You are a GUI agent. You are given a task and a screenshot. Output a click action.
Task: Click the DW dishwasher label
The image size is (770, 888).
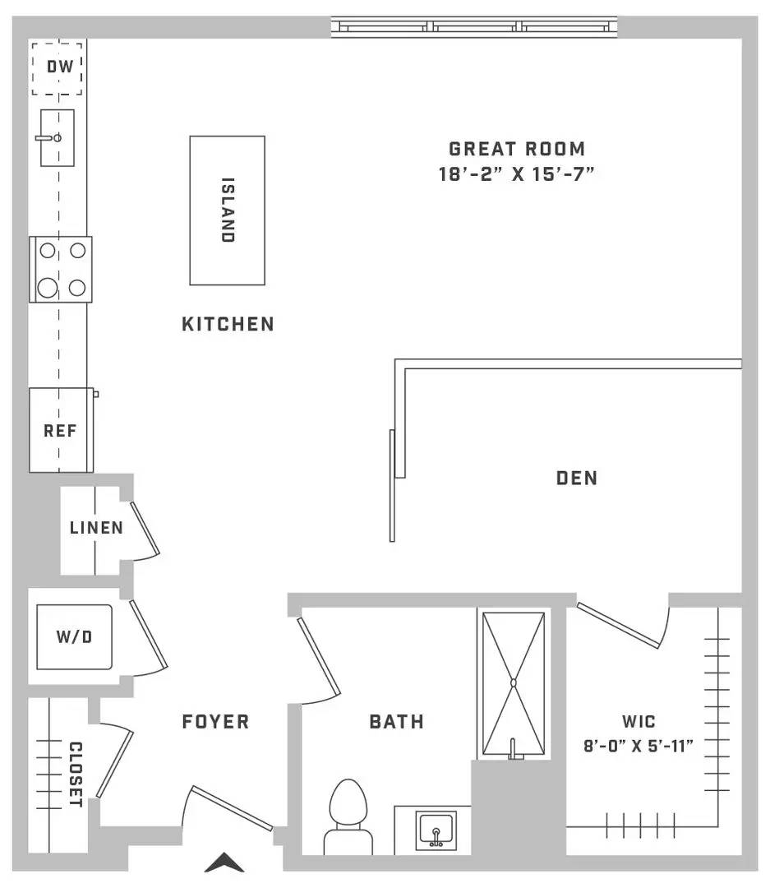60,67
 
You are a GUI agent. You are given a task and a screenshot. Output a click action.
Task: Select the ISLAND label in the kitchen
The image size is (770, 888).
227,210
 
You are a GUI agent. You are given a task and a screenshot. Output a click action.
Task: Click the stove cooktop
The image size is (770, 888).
61,270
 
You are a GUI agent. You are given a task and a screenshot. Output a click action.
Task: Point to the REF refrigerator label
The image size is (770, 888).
60,431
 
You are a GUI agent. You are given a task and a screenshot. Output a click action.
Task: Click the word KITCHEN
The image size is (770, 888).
228,324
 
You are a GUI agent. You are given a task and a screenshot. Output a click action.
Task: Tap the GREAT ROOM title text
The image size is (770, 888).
517,149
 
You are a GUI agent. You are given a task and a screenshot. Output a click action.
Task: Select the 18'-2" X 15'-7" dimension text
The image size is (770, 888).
516,173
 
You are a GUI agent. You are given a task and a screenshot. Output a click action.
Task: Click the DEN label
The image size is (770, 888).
577,478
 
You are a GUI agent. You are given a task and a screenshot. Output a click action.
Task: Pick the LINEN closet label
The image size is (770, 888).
96,528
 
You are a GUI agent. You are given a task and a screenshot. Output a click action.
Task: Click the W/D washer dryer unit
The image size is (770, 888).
74,637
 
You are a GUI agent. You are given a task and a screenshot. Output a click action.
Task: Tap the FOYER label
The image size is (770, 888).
215,722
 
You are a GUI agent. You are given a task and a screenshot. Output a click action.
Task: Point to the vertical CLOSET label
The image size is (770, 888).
76,775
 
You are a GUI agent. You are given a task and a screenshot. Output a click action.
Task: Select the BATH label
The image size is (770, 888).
396,722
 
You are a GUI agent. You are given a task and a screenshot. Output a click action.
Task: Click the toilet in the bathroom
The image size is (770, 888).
348,817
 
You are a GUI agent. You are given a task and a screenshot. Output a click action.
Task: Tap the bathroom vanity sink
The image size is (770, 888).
436,830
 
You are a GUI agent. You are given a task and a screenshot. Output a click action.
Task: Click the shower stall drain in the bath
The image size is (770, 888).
514,683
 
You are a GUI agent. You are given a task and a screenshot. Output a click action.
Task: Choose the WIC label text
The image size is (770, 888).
639,722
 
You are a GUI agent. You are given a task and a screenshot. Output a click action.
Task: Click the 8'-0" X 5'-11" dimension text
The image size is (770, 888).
639,746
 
